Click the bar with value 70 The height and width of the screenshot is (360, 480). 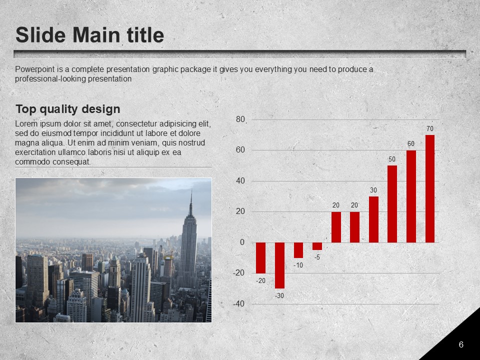430,188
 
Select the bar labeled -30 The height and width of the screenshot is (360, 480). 279,265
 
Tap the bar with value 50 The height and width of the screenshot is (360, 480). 392,204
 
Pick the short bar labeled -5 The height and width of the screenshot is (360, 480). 317,246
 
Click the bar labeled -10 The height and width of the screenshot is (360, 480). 298,250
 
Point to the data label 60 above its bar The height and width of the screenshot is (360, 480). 411,143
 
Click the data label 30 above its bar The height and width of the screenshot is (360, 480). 373,190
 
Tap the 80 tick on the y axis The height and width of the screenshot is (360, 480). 240,119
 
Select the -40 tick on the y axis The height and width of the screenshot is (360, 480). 239,304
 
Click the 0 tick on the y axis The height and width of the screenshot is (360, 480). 242,242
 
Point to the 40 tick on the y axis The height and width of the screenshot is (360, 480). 240,181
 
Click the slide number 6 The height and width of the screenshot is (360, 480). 461,344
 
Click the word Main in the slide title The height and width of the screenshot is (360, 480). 96,35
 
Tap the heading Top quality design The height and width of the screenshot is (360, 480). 67,109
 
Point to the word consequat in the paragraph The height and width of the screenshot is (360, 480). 71,162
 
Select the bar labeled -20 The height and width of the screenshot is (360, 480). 261,258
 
